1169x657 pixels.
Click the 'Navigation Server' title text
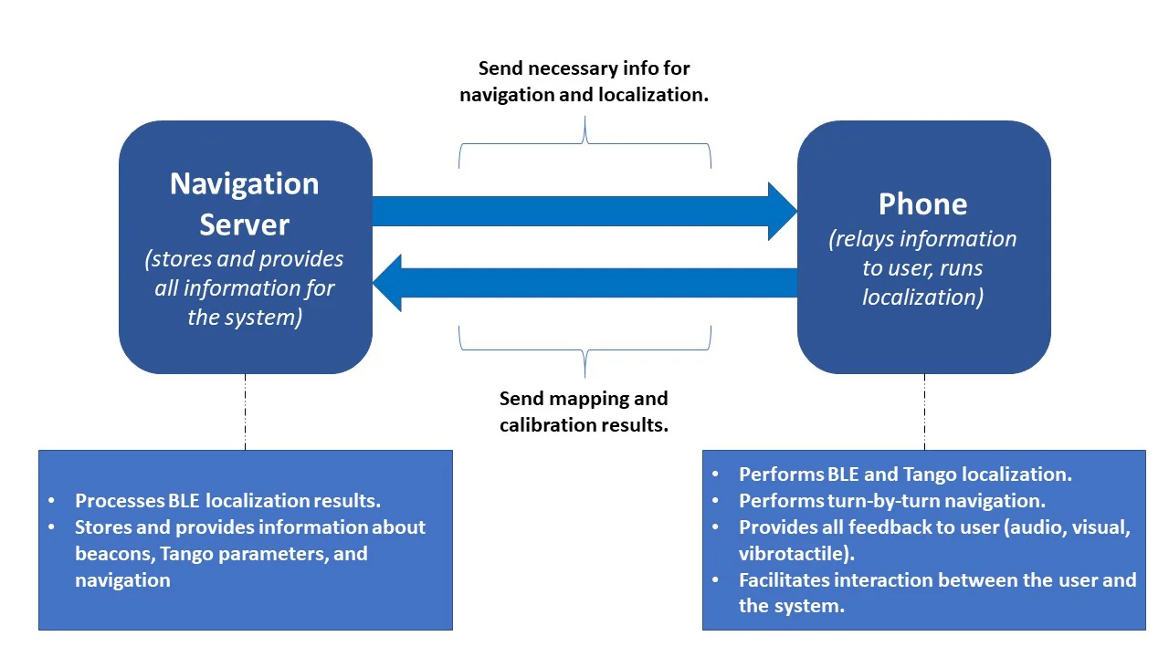245,203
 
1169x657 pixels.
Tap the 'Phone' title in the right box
922,203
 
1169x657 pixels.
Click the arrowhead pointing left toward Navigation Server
387,283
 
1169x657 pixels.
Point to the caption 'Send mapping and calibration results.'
584,412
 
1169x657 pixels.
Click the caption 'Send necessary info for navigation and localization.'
584,81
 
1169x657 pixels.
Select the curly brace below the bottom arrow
584,347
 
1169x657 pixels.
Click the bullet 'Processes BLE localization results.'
227,500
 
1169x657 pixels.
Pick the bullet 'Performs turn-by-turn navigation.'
891,501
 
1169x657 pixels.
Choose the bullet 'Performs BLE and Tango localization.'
904,474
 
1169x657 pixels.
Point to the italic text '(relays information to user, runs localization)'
922,267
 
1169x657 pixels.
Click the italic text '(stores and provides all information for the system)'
245,287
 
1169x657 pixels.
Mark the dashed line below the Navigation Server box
245,411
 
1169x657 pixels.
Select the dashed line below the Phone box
924,411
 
